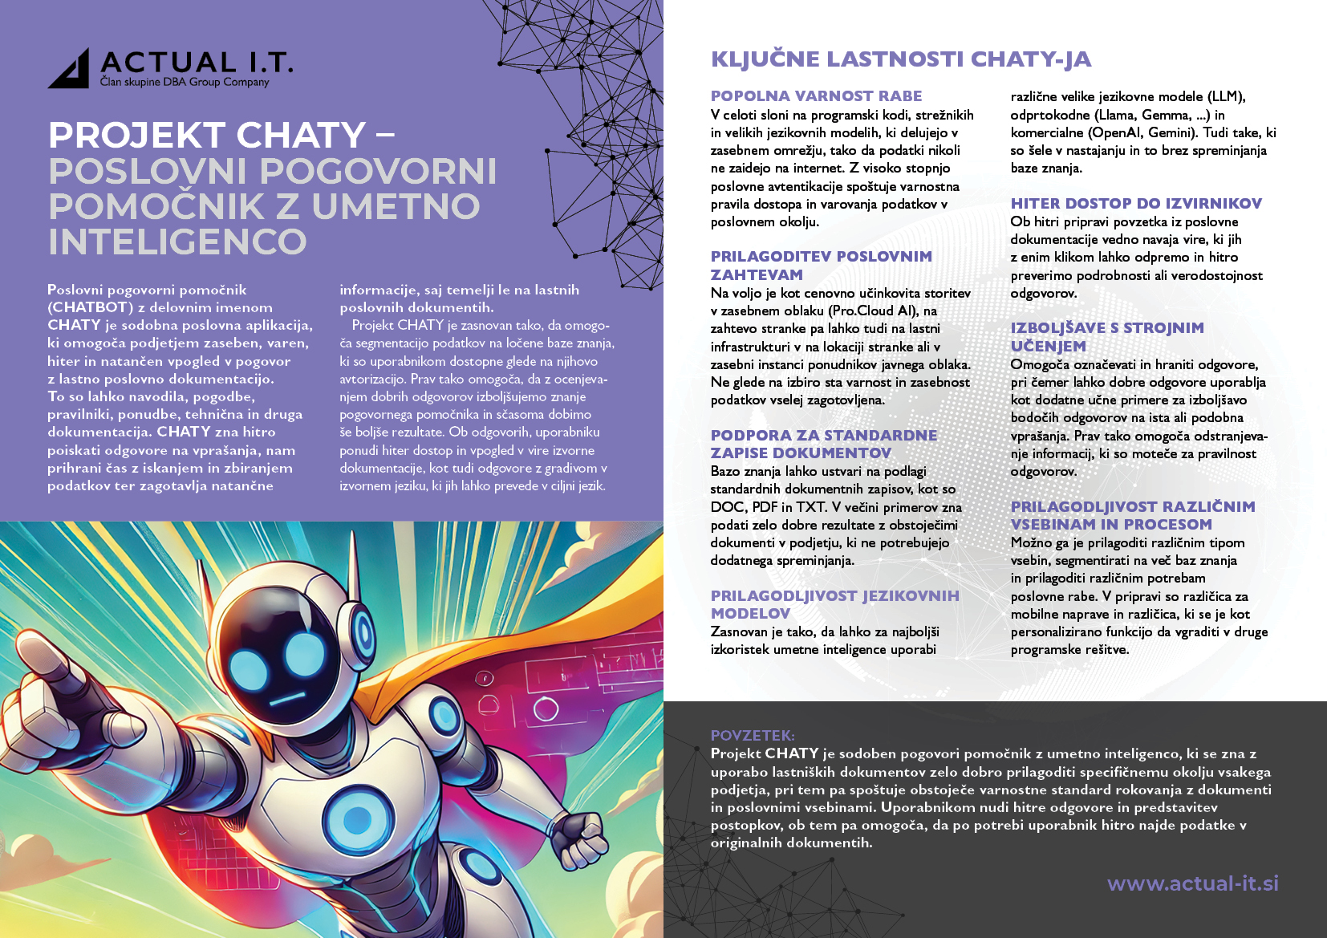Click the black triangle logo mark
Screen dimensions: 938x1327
71,71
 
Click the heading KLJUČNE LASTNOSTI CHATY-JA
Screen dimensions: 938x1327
900,59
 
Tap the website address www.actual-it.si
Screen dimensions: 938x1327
1192,883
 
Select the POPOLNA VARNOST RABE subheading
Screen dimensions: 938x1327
816,96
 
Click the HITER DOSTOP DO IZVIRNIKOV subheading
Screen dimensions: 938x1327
1136,204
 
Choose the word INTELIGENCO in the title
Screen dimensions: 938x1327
177,242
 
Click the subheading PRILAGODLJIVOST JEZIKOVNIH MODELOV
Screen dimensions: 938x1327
834,604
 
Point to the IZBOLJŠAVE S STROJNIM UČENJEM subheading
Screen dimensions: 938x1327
1106,337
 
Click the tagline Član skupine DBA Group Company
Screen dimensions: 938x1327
185,82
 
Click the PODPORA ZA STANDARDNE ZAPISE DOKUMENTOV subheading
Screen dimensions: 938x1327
823,444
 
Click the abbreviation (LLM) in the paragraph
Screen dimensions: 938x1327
1227,97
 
